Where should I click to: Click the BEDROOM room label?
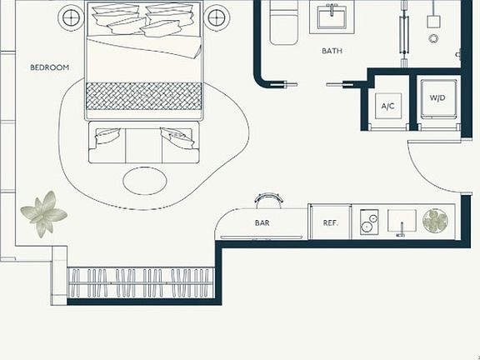tap(50, 67)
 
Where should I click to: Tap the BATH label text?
tap(332, 51)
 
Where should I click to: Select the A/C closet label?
tap(387, 106)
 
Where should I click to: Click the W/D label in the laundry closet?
tap(437, 98)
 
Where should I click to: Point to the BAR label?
tap(262, 222)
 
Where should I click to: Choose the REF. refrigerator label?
tap(331, 222)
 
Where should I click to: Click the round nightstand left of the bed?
tap(71, 17)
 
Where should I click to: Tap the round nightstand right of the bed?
tap(217, 17)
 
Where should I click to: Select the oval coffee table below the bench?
tap(145, 181)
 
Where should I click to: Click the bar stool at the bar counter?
tap(269, 201)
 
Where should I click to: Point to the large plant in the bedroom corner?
tap(44, 214)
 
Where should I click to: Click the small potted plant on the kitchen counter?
tap(435, 221)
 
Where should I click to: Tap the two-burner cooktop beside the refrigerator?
tap(369, 222)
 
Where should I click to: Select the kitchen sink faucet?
tap(401, 230)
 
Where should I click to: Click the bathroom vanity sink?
tap(332, 17)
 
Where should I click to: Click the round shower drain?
tap(433, 39)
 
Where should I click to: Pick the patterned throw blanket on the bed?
tap(144, 96)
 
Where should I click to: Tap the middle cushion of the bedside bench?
tap(143, 146)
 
